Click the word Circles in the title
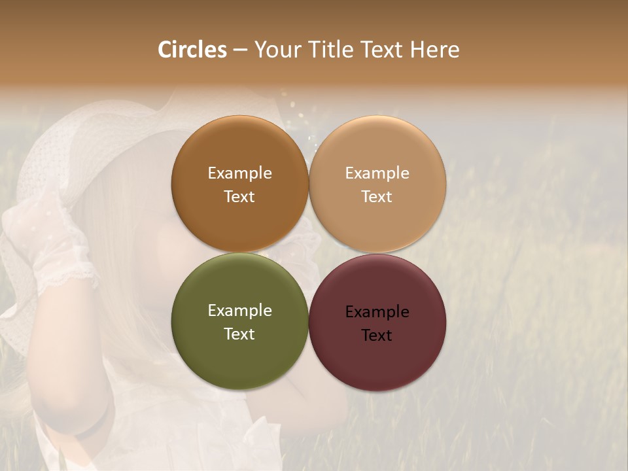tap(192, 50)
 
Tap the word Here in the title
tap(434, 50)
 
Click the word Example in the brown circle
tap(239, 173)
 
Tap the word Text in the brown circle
tap(239, 196)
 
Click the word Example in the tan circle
tap(377, 173)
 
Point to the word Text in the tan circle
tap(377, 196)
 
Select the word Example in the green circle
tap(239, 311)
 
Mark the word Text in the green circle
tap(239, 334)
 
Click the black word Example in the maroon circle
tap(377, 312)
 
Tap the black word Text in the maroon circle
tap(377, 335)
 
